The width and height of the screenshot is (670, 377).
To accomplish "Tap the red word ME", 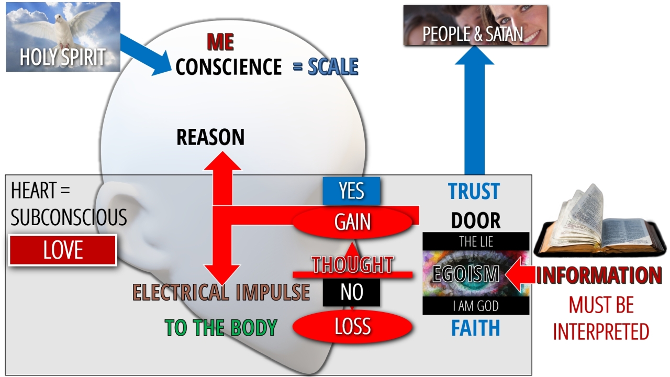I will (x=220, y=41).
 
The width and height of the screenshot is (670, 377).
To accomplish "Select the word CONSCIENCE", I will (x=229, y=67).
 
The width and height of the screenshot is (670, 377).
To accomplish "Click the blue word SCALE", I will (x=333, y=67).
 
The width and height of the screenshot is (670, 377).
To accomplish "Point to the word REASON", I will (x=210, y=137).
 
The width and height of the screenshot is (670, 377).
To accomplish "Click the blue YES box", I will (x=351, y=191).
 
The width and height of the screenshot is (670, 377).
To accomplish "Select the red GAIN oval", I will (x=353, y=222).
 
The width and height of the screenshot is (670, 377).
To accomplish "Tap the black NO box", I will (x=351, y=292).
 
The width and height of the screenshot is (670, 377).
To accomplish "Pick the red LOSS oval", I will (x=352, y=327).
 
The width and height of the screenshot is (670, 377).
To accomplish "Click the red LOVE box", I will (x=63, y=250).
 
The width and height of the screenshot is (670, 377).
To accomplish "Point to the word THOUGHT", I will (x=352, y=265).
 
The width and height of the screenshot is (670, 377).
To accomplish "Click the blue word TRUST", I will (x=474, y=192).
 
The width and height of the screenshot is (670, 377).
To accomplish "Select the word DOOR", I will (x=475, y=221).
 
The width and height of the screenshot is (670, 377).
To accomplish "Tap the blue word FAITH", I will (x=475, y=328).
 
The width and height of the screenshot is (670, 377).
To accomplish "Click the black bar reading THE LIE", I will (x=476, y=241).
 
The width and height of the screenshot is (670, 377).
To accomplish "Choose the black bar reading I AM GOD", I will (x=476, y=306).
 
